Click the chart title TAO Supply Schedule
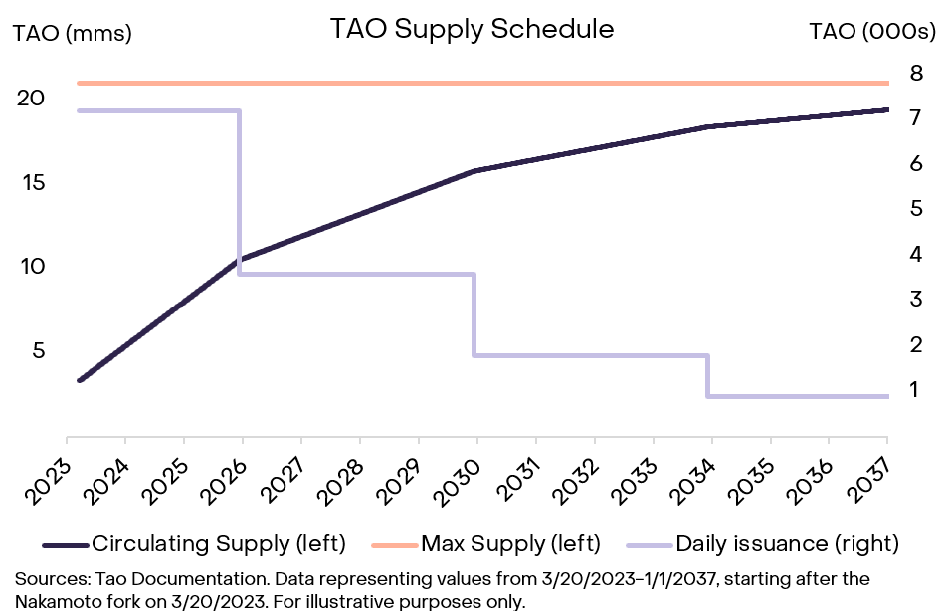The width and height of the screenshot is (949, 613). coord(473,29)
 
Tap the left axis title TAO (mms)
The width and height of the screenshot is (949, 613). coord(72,33)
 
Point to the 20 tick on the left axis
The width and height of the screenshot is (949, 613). coord(30,99)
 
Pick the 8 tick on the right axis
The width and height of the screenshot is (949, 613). coord(915,73)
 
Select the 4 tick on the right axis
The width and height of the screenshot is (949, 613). coord(915,254)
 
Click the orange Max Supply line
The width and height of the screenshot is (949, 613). coord(477,83)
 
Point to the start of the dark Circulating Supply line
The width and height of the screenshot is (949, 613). coord(80,380)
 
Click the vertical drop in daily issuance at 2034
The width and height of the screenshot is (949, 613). coord(708,376)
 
